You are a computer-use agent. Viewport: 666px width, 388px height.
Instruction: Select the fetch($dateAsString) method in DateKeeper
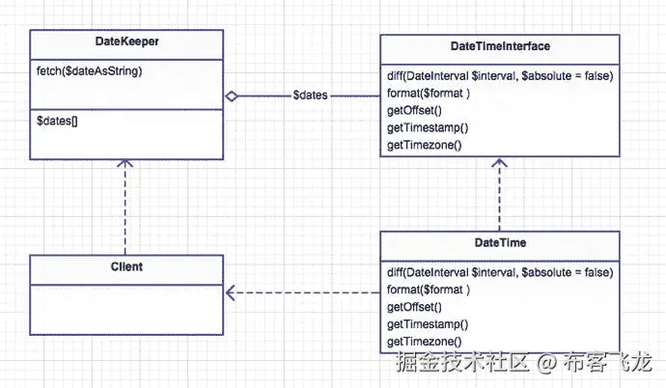90,71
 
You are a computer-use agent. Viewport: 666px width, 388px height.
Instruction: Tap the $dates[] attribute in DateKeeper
57,121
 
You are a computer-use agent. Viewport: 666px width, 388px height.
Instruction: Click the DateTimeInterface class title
500,46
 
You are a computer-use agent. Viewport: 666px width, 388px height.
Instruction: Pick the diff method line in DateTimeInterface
500,76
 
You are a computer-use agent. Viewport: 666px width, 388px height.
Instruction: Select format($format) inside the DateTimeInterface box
429,94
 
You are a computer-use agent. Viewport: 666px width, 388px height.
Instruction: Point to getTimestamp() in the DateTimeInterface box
428,128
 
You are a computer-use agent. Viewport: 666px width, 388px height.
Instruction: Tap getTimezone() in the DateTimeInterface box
425,146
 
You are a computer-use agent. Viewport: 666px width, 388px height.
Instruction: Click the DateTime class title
500,242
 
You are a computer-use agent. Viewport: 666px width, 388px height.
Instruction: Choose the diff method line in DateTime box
500,272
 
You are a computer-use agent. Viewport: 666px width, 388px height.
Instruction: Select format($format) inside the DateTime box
429,290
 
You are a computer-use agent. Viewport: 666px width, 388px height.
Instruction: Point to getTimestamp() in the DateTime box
428,324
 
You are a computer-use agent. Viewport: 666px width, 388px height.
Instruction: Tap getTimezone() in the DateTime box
425,342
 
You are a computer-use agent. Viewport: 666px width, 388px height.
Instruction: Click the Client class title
125,266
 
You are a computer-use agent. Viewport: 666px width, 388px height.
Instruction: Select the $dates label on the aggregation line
310,96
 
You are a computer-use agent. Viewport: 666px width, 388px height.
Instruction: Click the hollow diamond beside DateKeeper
233,96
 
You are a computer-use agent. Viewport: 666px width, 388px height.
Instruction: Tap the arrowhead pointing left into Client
232,291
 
